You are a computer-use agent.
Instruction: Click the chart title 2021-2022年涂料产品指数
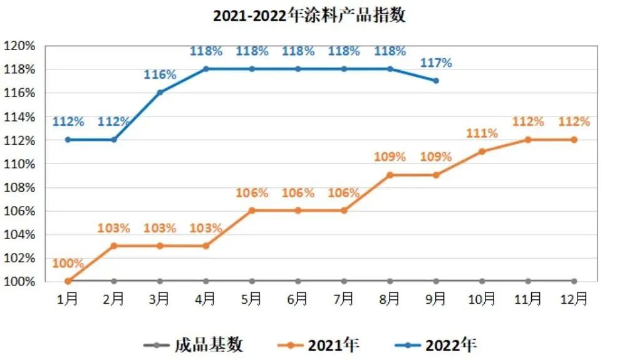(309, 16)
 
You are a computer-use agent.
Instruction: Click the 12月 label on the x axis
(574, 299)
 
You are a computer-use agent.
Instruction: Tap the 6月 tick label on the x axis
(298, 299)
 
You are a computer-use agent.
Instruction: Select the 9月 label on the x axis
(436, 299)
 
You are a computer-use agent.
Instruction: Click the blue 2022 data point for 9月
(436, 81)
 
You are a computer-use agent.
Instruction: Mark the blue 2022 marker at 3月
(160, 92)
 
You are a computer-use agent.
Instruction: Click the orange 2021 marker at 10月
(482, 152)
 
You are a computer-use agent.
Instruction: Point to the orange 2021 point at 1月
(68, 281)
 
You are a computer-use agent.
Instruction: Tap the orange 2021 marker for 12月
(574, 140)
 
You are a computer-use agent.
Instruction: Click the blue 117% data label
(436, 63)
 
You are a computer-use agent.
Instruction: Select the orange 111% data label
(482, 133)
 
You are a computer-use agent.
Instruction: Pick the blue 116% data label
(160, 75)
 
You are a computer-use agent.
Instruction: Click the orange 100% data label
(68, 263)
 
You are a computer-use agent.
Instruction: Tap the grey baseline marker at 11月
(528, 281)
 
